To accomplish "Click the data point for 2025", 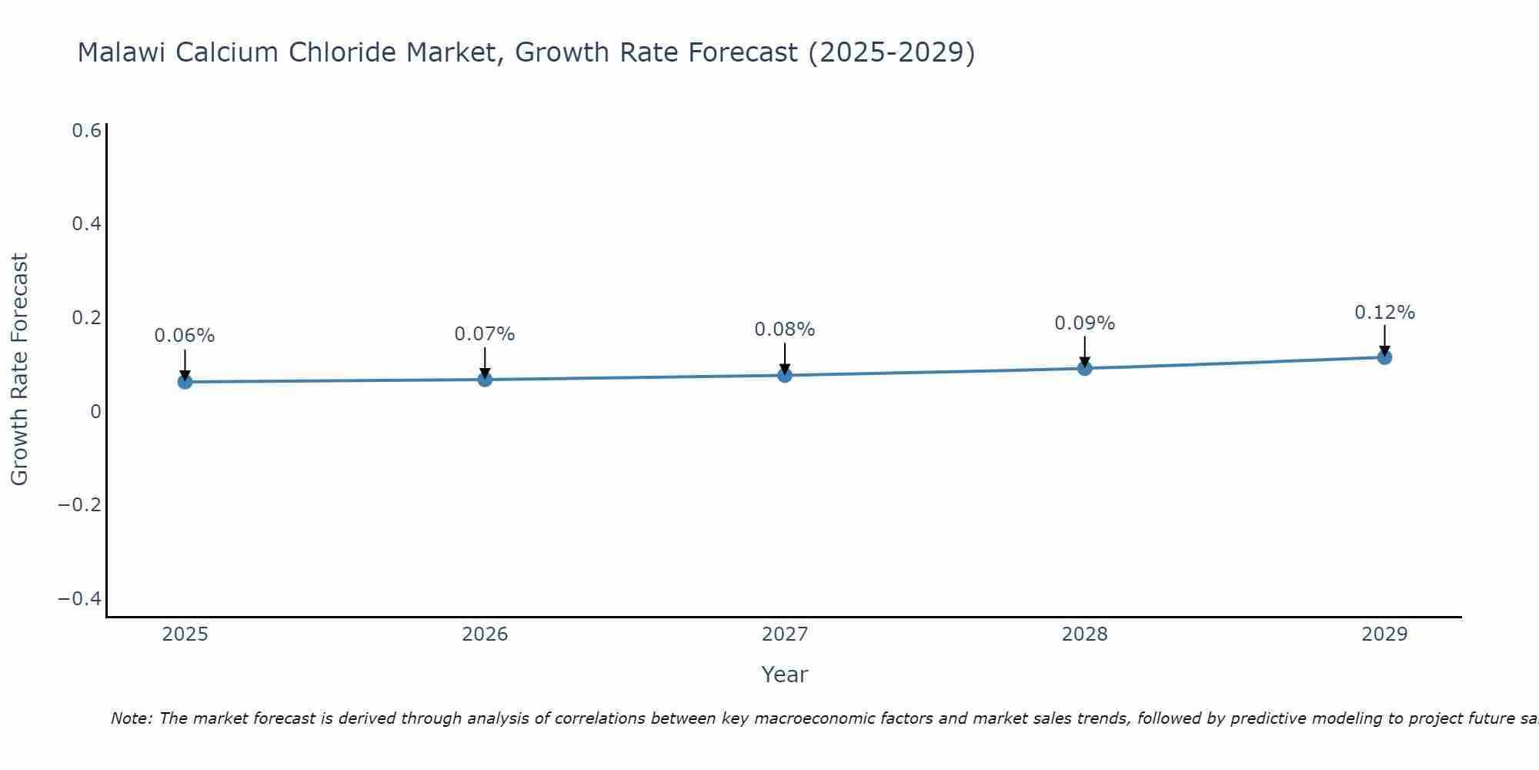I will pos(185,381).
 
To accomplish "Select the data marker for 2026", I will pos(485,379).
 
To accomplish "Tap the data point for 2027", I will pos(785,375).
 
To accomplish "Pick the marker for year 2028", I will pos(1084,368).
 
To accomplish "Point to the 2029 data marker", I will pos(1384,357).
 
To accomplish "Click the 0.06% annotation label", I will pos(185,336).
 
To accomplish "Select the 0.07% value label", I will pos(485,334).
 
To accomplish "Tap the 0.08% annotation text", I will pos(785,330).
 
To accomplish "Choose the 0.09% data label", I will pos(1084,323).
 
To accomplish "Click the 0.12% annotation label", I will pos(1384,313).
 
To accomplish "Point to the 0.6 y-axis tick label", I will pos(86,131).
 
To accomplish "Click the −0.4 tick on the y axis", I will pos(80,599).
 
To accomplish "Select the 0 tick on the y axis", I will pos(95,412).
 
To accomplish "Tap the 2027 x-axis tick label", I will pos(785,634).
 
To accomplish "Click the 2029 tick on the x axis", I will pos(1384,634).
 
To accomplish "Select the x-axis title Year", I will pos(784,675).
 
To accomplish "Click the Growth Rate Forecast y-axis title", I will pos(19,370).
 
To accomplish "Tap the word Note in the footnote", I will pos(131,718).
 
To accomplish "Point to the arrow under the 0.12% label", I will pos(1384,339).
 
